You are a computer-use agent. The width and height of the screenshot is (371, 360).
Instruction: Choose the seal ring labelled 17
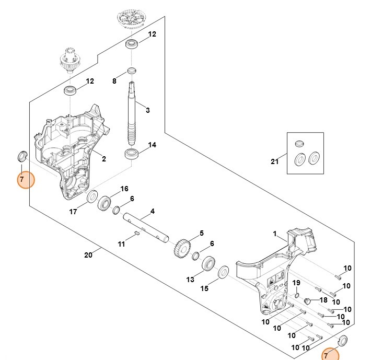pos(92,197)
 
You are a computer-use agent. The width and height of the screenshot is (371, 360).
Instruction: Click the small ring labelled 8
pos(132,71)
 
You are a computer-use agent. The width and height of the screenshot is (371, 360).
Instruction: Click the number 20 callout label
pos(88,255)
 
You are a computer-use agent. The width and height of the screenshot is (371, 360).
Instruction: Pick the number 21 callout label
pos(275,161)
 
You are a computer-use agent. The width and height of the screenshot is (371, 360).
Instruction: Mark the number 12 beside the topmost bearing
pos(152,34)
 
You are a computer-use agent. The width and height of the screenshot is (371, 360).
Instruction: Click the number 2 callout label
pos(104,159)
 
